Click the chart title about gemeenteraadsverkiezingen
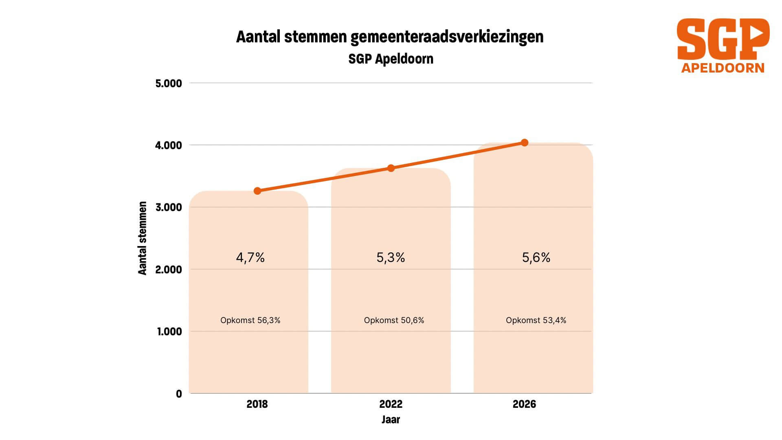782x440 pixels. coord(390,37)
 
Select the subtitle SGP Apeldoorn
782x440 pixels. coord(391,59)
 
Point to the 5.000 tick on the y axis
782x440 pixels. coord(169,84)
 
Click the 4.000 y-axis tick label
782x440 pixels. coord(169,145)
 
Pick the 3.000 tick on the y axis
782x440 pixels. coord(169,207)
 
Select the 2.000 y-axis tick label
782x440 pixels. coord(169,270)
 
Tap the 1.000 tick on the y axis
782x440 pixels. coord(169,332)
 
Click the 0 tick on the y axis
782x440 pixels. coord(179,394)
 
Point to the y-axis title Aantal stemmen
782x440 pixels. coord(142,238)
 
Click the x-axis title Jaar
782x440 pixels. coord(391,420)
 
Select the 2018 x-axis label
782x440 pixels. coord(257,404)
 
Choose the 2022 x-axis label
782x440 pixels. coord(391,404)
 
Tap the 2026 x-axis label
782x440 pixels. coord(524,404)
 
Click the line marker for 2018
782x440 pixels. coord(257,191)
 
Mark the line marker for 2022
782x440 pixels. coord(391,168)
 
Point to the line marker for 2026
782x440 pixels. coord(525,143)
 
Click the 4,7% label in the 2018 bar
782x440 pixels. coord(250,257)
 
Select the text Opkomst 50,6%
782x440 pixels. coord(394,320)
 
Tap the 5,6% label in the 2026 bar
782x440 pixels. coord(536,257)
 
